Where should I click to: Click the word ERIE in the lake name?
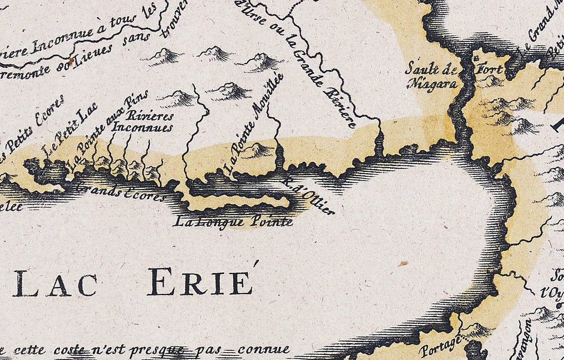click(201, 282)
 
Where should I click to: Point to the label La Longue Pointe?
click(233, 222)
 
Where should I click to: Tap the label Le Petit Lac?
click(69, 131)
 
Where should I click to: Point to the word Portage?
click(440, 346)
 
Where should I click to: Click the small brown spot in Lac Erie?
click(403, 263)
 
